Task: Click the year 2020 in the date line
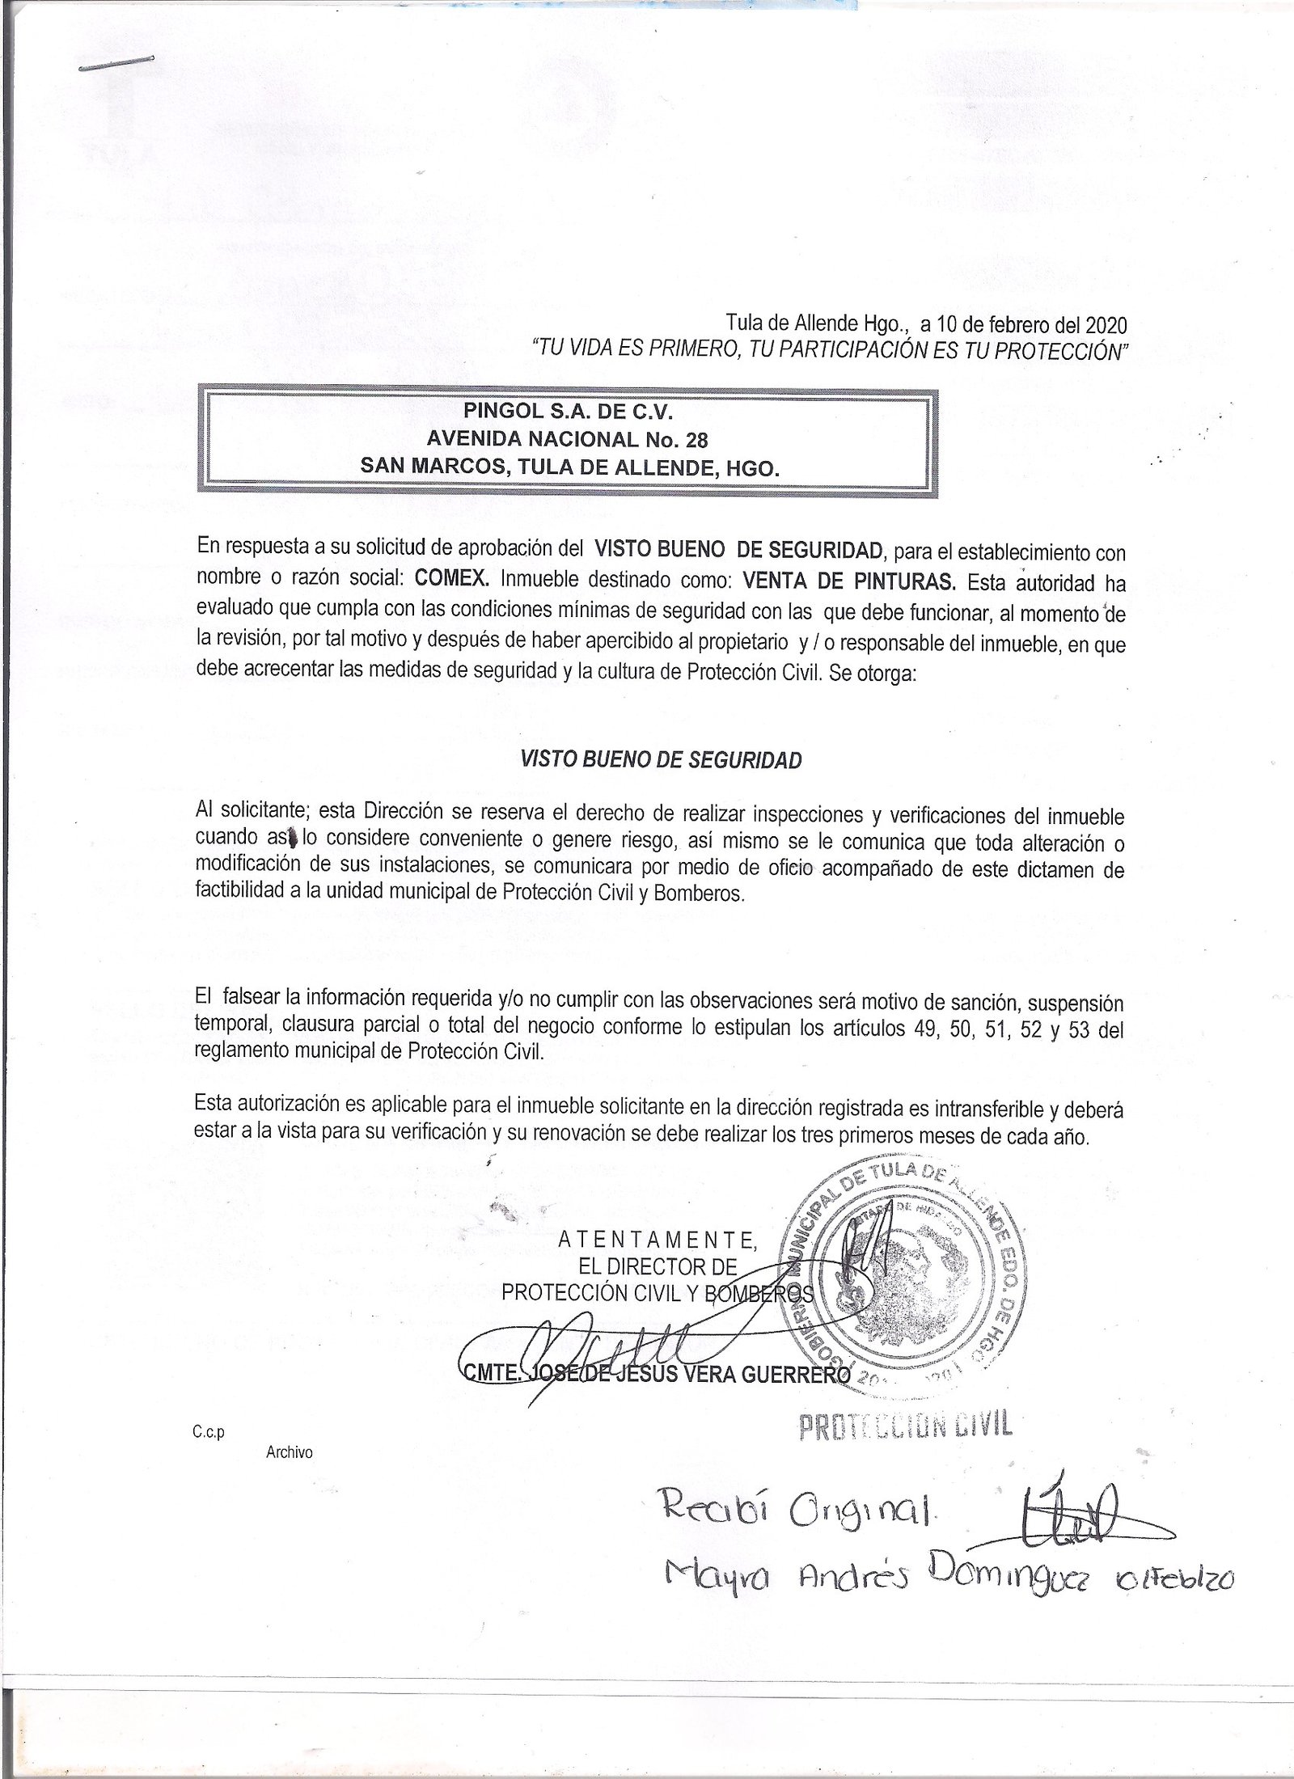pyautogui.click(x=1105, y=326)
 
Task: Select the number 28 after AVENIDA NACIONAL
pyautogui.click(x=696, y=440)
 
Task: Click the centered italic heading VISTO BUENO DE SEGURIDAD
pyautogui.click(x=661, y=760)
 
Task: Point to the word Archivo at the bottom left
pyautogui.click(x=289, y=1452)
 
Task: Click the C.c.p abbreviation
pyautogui.click(x=208, y=1432)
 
